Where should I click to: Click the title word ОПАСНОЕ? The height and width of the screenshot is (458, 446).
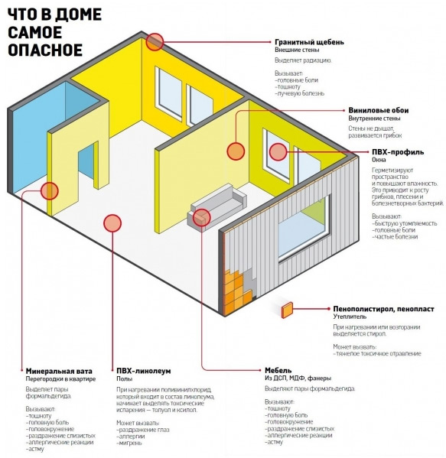pyautogui.click(x=45, y=50)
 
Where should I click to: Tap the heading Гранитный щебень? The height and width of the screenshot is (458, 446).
pyautogui.click(x=309, y=42)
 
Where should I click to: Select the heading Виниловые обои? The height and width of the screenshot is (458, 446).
pyautogui.click(x=378, y=110)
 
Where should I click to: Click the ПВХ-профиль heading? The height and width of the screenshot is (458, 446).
pyautogui.click(x=398, y=152)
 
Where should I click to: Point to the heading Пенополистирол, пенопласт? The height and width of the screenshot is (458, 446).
pyautogui.click(x=383, y=309)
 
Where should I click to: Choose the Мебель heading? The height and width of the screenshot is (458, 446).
pyautogui.click(x=278, y=370)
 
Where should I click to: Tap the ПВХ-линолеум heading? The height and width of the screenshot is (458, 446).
pyautogui.click(x=144, y=371)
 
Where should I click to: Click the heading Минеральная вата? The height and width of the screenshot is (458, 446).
pyautogui.click(x=59, y=372)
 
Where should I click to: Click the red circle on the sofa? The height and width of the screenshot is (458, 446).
pyautogui.click(x=202, y=218)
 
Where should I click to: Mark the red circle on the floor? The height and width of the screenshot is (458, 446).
pyautogui.click(x=112, y=223)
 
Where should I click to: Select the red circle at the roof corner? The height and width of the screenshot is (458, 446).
pyautogui.click(x=155, y=42)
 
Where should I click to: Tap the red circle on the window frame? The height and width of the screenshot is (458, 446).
pyautogui.click(x=278, y=152)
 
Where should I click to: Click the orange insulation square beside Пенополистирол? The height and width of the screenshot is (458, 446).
pyautogui.click(x=287, y=310)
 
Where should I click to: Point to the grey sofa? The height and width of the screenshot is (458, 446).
pyautogui.click(x=216, y=206)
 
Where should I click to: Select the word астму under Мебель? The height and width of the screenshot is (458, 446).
pyautogui.click(x=274, y=442)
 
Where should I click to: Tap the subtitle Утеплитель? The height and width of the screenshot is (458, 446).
pyautogui.click(x=350, y=317)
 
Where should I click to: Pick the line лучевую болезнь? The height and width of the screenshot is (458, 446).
pyautogui.click(x=300, y=94)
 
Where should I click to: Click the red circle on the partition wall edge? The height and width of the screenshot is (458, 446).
pyautogui.click(x=50, y=191)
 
